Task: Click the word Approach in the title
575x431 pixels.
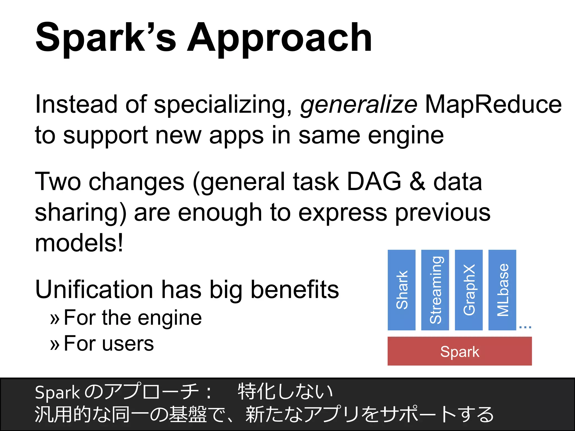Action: pos(279,38)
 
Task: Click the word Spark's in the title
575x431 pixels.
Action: pos(106,38)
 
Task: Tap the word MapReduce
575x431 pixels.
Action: pos(493,104)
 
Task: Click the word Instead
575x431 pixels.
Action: pos(76,104)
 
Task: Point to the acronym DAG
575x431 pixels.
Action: pos(374,182)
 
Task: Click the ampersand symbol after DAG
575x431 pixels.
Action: pos(417,182)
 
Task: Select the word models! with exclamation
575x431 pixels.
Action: pos(79,243)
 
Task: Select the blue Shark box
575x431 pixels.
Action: pos(401,290)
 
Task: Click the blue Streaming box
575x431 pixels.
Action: pos(435,290)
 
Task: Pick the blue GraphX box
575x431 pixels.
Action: pos(469,290)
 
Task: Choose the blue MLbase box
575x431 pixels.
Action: pos(502,290)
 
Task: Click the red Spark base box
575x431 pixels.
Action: pos(460,351)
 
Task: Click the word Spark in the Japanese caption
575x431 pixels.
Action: pos(57,393)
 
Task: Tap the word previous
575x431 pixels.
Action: pos(442,213)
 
